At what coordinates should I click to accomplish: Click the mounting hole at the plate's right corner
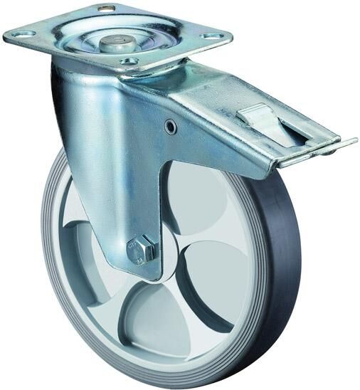click(x=211, y=36)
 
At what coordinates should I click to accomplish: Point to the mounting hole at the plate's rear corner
click(x=107, y=9)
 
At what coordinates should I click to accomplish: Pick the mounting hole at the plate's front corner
click(x=129, y=62)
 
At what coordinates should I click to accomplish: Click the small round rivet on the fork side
click(x=170, y=126)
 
